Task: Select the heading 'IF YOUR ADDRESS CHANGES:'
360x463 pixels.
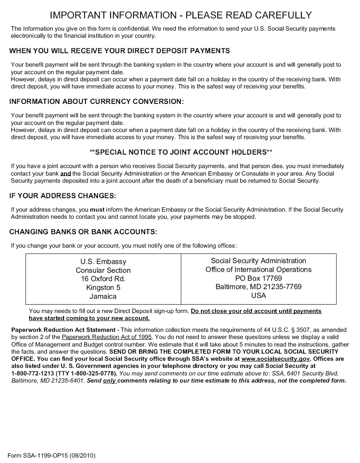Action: click(x=62, y=196)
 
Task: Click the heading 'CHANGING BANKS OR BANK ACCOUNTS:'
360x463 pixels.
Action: click(x=83, y=232)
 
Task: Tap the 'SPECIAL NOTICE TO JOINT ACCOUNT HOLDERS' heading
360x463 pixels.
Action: click(x=181, y=152)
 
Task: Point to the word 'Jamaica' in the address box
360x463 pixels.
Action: click(x=103, y=296)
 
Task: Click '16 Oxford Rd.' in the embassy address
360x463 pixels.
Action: click(x=103, y=279)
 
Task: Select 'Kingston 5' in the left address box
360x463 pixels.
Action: click(x=103, y=287)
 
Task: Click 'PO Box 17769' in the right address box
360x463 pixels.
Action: click(x=258, y=278)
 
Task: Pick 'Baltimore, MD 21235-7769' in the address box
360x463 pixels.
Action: click(x=258, y=287)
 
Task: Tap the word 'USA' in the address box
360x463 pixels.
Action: click(x=258, y=296)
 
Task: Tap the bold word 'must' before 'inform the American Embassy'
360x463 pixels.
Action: click(x=97, y=210)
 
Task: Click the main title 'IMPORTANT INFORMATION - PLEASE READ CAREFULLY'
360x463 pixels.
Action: click(x=181, y=16)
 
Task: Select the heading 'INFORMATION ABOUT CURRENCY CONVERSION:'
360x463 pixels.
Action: click(x=96, y=102)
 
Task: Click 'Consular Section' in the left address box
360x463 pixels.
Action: click(x=103, y=270)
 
